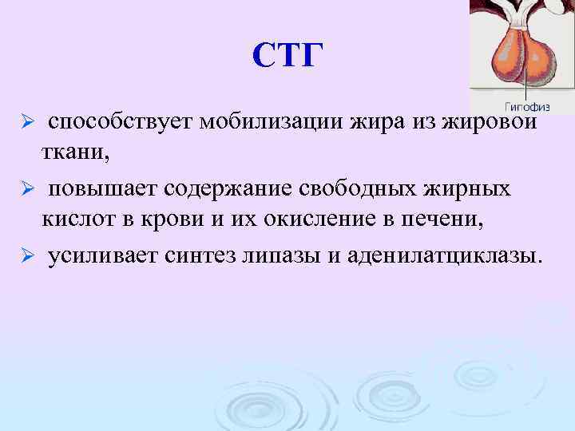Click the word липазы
click(x=296, y=256)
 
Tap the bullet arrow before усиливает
click(x=26, y=257)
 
